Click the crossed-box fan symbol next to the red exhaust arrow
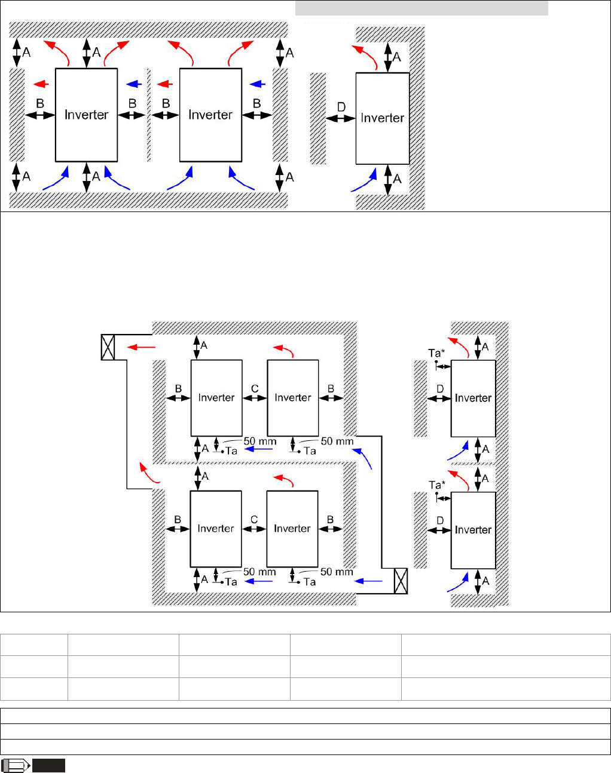108,346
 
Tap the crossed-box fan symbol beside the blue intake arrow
401,581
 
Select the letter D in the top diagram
341,107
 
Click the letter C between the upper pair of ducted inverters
255,388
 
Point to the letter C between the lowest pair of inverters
254,520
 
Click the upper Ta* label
436,353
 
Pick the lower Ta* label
436,485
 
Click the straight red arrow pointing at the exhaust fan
142,346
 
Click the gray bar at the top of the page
421,8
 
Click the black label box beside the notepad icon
48,765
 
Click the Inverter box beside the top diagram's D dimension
383,118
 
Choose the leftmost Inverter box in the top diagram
86,115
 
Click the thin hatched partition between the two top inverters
149,115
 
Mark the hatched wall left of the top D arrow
318,118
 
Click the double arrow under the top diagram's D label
341,119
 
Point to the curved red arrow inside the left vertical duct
149,473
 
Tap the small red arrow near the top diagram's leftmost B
41,84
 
